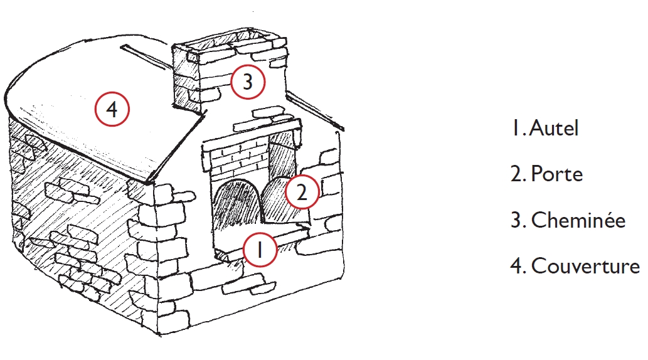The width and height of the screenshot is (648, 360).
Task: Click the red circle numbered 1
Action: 260,250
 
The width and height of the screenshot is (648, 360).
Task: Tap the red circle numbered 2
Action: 302,192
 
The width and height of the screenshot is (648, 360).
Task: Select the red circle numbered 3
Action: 248,82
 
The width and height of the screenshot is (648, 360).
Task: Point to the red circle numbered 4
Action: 112,109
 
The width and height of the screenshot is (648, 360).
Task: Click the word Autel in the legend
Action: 554,128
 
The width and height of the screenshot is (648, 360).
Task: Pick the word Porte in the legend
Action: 556,174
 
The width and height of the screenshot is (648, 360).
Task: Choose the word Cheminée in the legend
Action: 578,220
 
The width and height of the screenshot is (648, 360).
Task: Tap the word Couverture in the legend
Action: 586,265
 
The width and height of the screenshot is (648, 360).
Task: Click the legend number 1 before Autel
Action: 517,128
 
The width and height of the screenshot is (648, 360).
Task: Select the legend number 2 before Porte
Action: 518,174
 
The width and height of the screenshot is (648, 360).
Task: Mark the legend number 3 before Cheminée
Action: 518,220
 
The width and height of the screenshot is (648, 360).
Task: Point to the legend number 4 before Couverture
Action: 518,265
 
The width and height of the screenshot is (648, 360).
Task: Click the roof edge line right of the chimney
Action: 316,111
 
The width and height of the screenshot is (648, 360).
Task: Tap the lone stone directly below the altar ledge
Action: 248,287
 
